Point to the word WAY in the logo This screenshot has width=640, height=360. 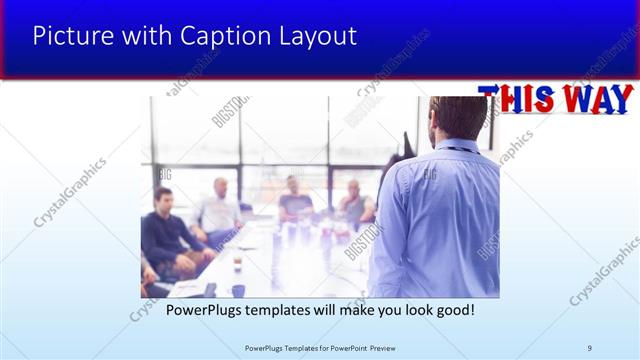pyautogui.click(x=596, y=100)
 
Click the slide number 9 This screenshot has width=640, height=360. pyautogui.click(x=590, y=347)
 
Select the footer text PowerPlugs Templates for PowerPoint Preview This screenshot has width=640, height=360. pyautogui.click(x=319, y=347)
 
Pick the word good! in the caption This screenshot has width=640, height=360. pyautogui.click(x=451, y=310)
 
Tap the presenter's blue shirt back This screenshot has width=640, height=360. pyautogui.click(x=440, y=220)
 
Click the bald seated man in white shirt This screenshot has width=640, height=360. pyautogui.click(x=219, y=205)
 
